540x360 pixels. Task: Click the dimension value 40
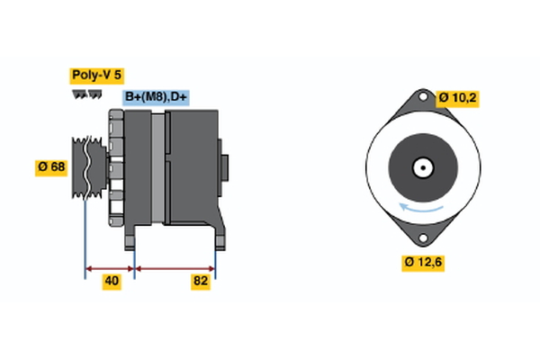[x=112, y=281]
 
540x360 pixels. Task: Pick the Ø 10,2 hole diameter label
[x=457, y=97]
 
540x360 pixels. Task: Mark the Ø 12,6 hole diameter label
[x=422, y=262]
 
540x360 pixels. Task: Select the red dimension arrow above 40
[x=110, y=267]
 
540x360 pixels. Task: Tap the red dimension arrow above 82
[x=175, y=267]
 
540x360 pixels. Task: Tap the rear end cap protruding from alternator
[x=224, y=166]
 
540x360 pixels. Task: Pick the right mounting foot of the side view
[x=217, y=236]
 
